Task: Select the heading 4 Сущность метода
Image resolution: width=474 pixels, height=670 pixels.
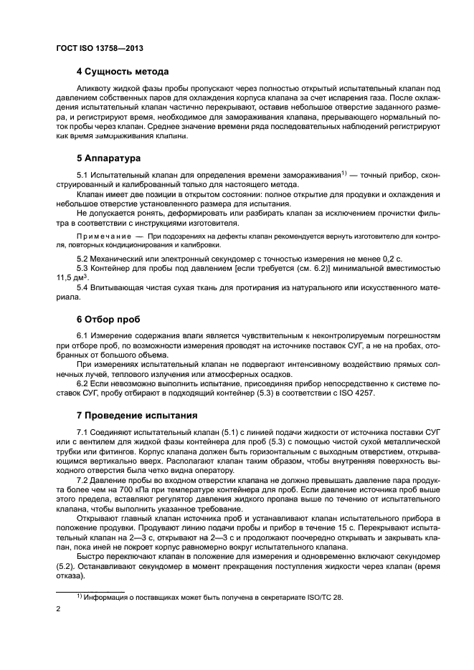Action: (x=123, y=72)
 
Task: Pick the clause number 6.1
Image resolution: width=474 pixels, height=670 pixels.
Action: (x=83, y=335)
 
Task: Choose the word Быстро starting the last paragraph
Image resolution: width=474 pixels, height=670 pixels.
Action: (x=91, y=555)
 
